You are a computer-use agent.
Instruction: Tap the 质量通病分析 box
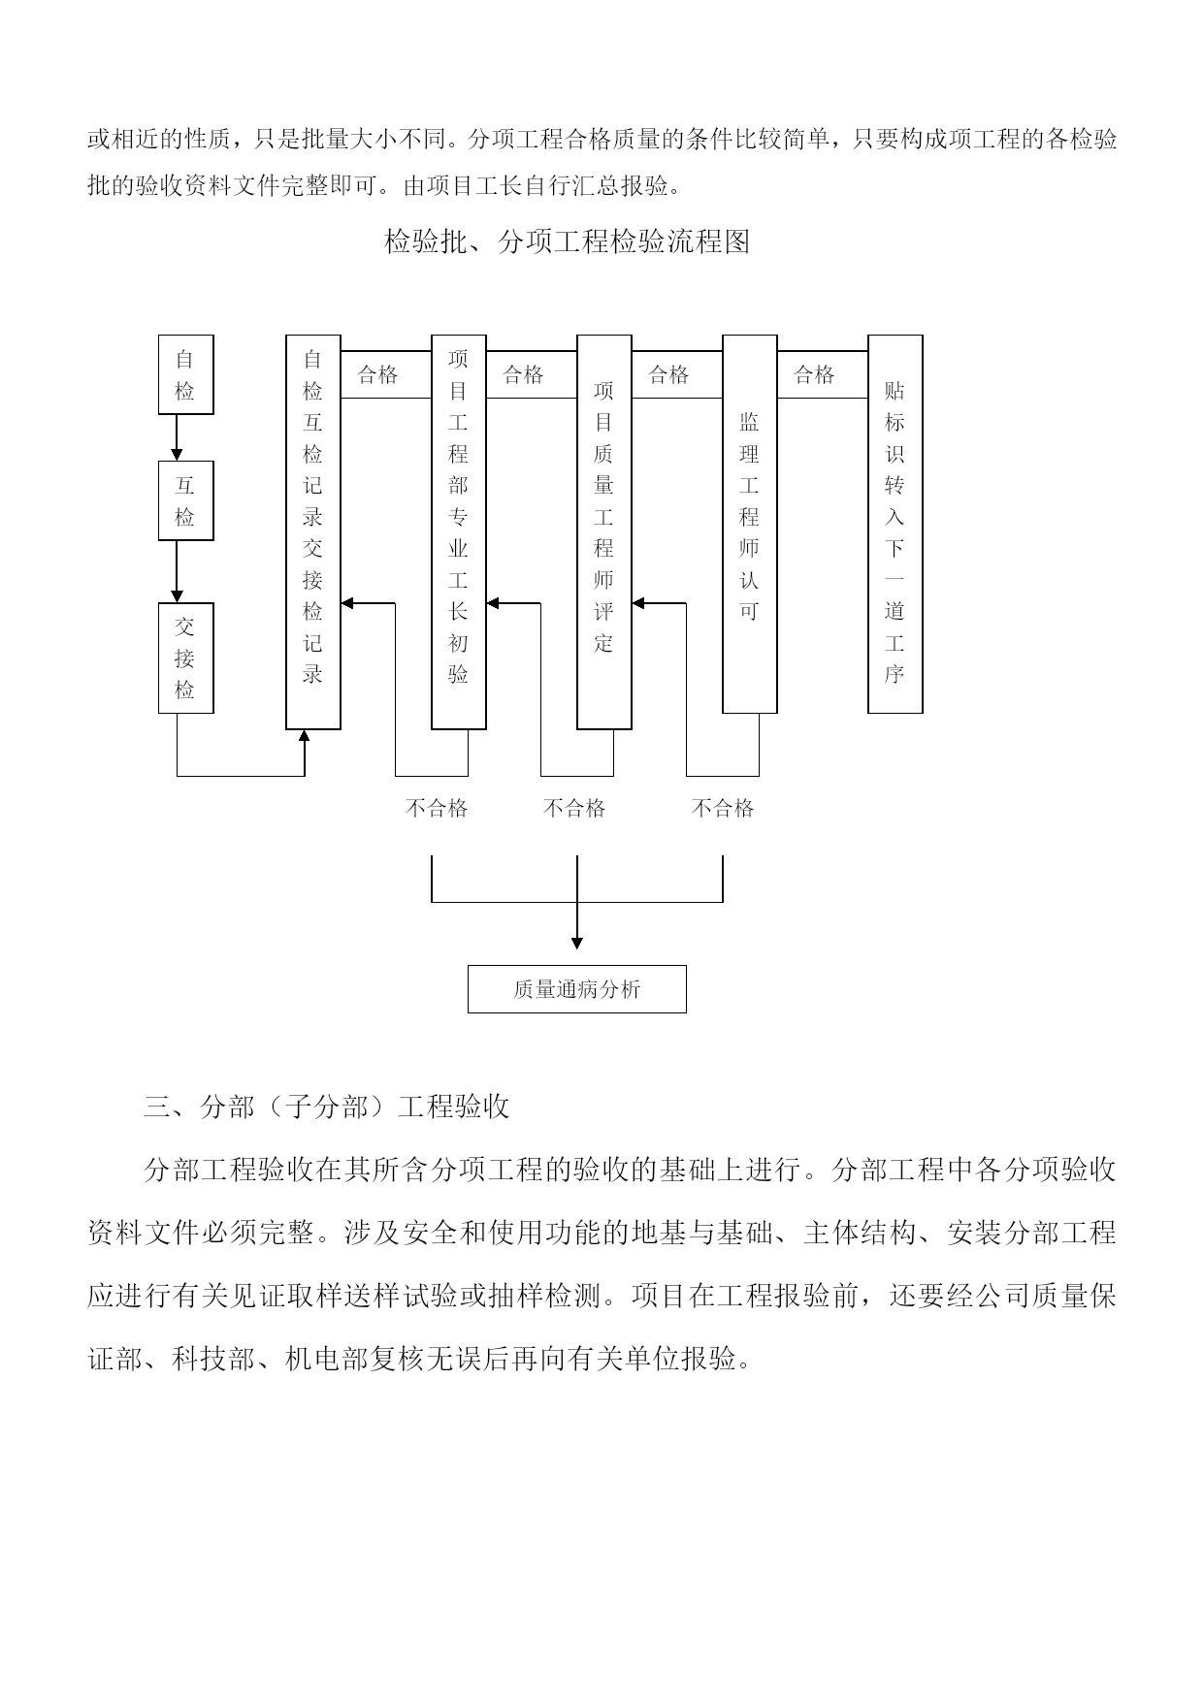coord(576,989)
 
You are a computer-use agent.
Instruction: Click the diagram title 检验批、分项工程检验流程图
coord(567,241)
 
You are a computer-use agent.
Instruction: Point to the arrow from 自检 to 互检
coord(177,437)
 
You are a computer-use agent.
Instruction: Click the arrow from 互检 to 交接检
coord(177,571)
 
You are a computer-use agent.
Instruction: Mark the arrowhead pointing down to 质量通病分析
coord(577,943)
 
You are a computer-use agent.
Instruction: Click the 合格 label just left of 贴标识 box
coord(814,374)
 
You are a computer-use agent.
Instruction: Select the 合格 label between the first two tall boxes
coord(377,374)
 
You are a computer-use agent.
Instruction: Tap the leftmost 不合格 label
coord(437,808)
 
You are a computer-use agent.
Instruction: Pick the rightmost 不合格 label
coord(723,808)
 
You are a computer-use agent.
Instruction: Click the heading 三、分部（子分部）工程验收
coord(326,1107)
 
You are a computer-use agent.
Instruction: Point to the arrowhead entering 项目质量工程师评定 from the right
coord(638,603)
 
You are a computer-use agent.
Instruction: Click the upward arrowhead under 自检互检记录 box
coord(305,736)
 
